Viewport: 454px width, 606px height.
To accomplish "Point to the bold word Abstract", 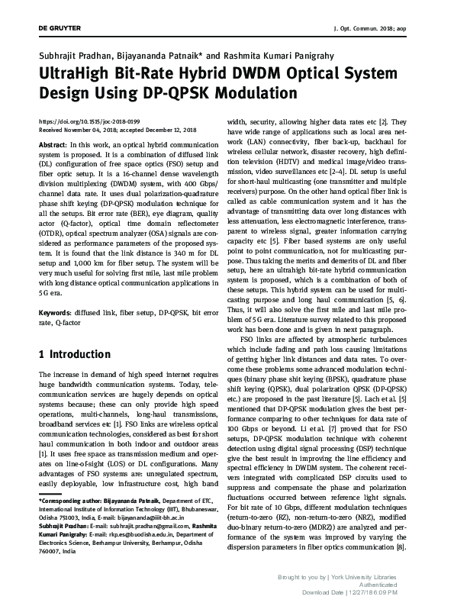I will (51, 144).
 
